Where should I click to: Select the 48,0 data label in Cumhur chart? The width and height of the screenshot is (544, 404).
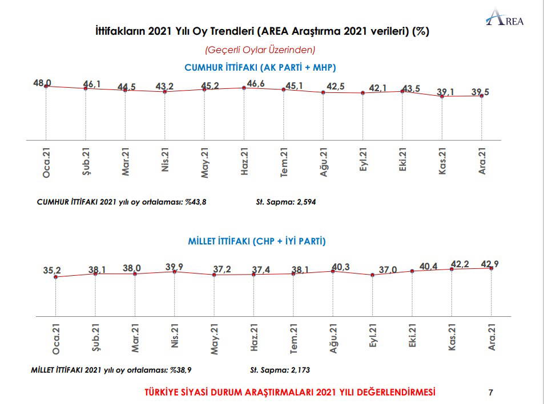[42, 83]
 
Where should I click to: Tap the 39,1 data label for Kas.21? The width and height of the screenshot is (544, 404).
[447, 91]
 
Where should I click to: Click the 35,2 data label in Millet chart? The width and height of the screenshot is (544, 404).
[52, 271]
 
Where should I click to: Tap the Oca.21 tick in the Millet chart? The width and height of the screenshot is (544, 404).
[55, 340]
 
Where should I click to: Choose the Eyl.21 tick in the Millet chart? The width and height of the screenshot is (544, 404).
[373, 340]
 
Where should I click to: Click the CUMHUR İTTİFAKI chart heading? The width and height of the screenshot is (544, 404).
[260, 67]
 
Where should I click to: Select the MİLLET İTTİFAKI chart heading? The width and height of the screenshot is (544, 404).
[257, 241]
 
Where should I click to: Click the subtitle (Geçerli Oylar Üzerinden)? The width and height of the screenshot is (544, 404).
[260, 50]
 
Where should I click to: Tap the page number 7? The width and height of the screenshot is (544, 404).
[491, 392]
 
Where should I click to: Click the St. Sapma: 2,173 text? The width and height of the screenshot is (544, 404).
[280, 370]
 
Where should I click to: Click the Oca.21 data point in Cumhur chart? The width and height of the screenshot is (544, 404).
[46, 86]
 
